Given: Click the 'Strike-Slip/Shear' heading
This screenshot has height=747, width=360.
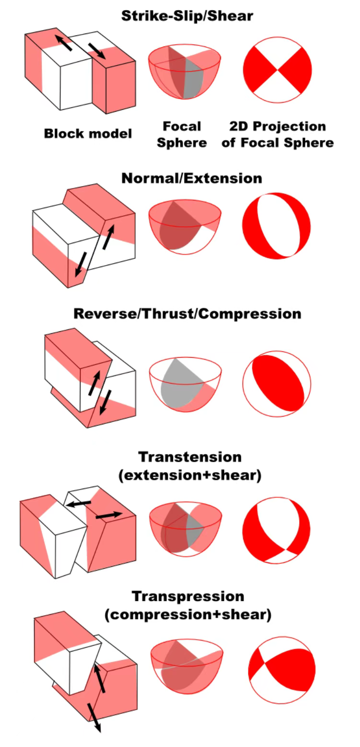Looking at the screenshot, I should (x=187, y=16).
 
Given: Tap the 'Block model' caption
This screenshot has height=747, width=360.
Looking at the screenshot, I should (x=88, y=134).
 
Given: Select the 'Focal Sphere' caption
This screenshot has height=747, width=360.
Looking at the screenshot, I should (x=182, y=135).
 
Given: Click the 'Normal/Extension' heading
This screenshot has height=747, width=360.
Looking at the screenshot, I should (x=192, y=178).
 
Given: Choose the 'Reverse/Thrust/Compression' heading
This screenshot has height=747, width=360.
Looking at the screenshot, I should (x=187, y=314).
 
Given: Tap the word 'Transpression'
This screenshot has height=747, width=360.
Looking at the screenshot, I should (x=187, y=596).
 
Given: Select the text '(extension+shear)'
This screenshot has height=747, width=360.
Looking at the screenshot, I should (x=189, y=475).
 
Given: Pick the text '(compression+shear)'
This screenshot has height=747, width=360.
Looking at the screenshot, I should (x=188, y=615).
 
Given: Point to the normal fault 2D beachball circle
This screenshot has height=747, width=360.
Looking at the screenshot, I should (x=277, y=225).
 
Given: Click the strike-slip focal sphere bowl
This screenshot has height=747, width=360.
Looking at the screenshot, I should (x=185, y=72).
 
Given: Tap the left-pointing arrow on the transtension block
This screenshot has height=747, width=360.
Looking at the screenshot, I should (x=80, y=503).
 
